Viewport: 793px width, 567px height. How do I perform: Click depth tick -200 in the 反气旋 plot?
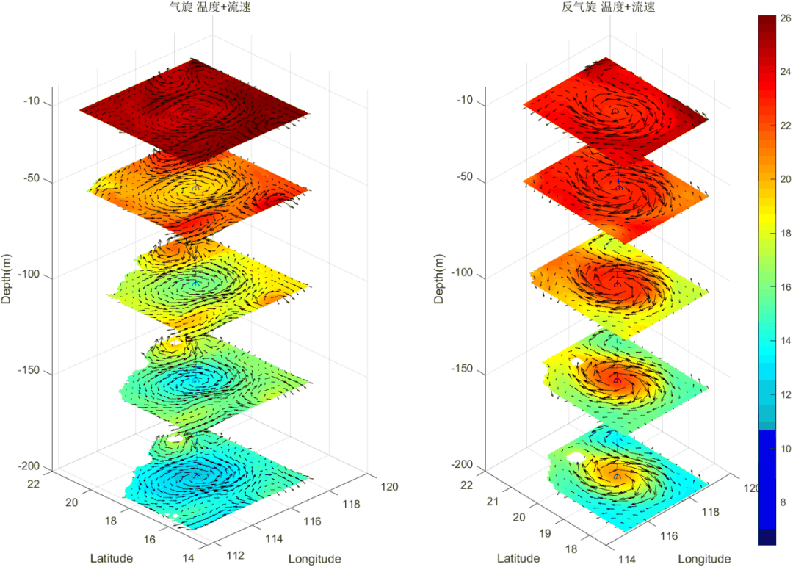coord(462,465)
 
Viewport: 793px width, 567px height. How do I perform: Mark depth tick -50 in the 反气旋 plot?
coord(465,178)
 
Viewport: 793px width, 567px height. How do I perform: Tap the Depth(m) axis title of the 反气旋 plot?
coord(438,278)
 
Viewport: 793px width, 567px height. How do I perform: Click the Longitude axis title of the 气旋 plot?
coord(314,558)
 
